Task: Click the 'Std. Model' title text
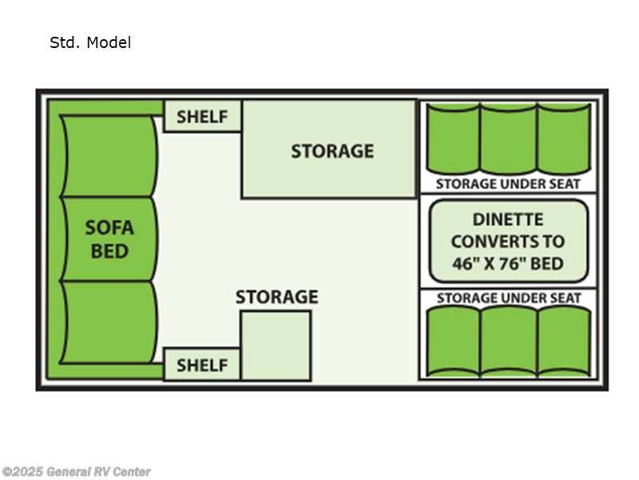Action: point(90,43)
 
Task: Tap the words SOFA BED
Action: point(109,239)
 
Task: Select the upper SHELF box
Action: point(202,117)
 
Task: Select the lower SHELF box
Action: point(202,365)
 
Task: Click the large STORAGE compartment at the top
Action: point(329,150)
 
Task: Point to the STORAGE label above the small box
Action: point(276,298)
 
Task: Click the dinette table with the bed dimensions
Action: point(508,241)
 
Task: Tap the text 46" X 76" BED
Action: point(508,263)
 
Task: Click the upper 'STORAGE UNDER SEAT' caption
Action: point(508,184)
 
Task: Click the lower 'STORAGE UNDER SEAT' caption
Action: point(508,298)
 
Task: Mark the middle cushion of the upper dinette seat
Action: point(508,138)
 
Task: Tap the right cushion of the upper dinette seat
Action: point(563,138)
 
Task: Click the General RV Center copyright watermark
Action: point(76,472)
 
